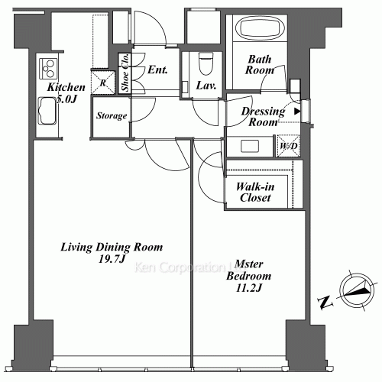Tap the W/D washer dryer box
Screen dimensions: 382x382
(x=287, y=145)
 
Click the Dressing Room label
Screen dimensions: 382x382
(x=263, y=116)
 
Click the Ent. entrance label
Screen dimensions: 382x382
(x=157, y=70)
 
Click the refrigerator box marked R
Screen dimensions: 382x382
(x=102, y=82)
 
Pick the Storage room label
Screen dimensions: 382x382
(x=110, y=116)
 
